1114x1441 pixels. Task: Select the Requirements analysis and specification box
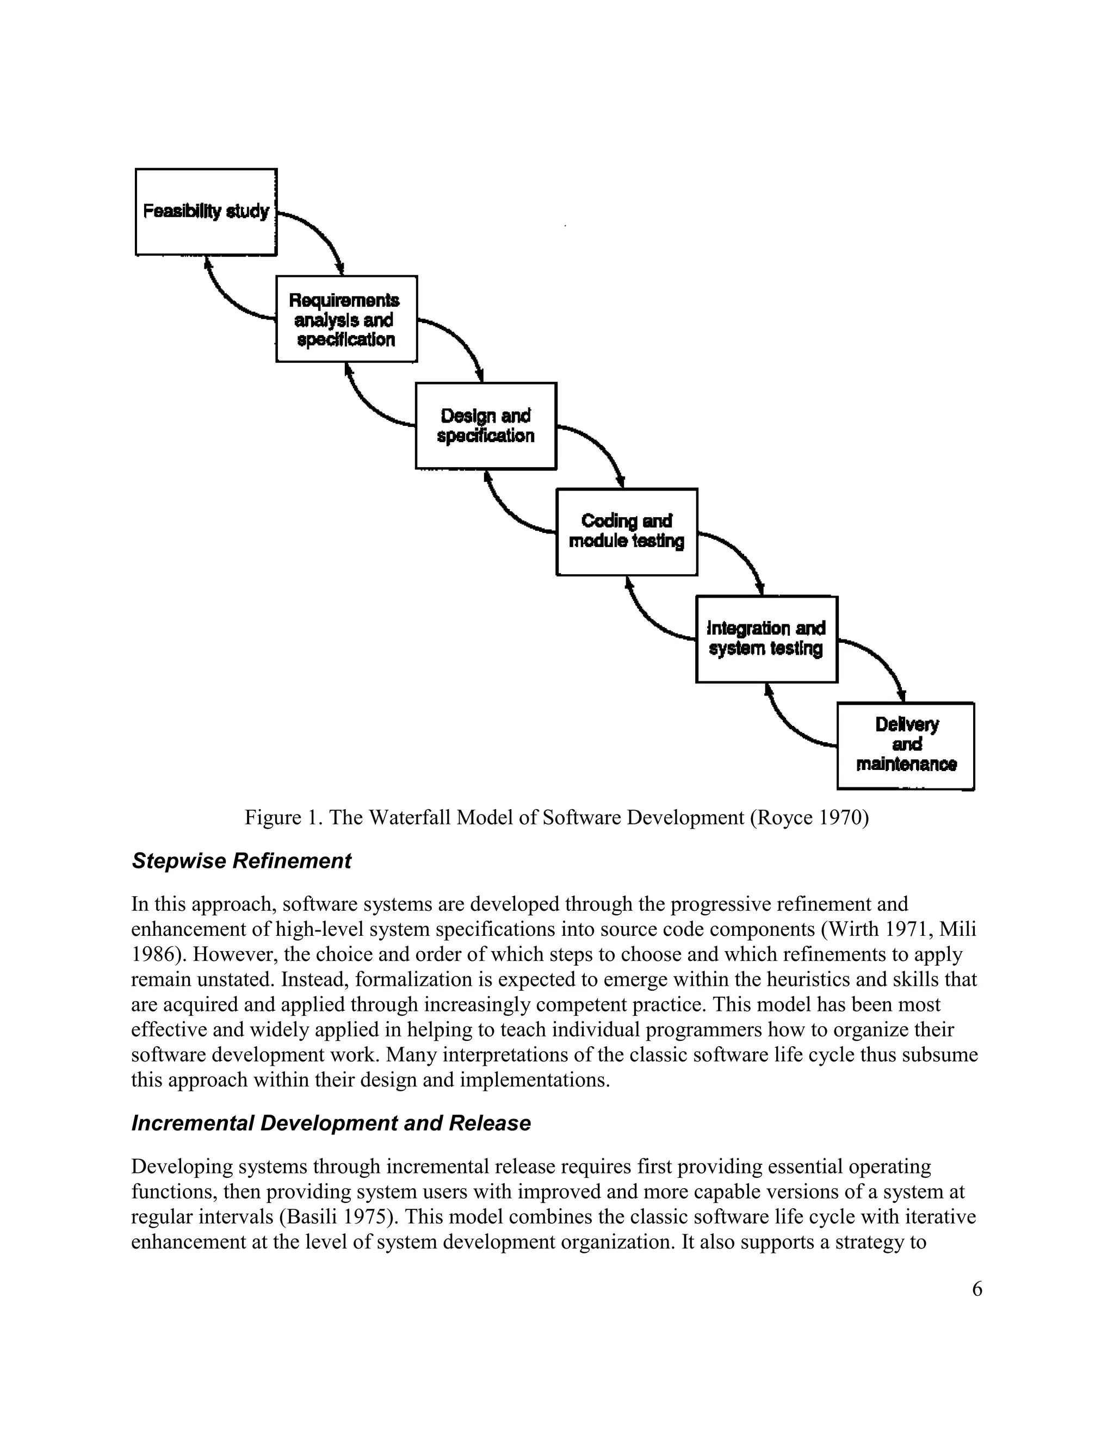pyautogui.click(x=346, y=319)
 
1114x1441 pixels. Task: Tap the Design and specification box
pyautogui.click(x=486, y=426)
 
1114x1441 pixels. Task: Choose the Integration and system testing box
pyautogui.click(x=766, y=639)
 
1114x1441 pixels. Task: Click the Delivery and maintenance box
pyautogui.click(x=906, y=746)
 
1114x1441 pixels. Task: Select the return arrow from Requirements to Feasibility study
pyautogui.click(x=228, y=297)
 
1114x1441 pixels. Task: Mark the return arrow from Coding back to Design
pyautogui.click(x=509, y=511)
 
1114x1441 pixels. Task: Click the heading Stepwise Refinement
pyautogui.click(x=242, y=861)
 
